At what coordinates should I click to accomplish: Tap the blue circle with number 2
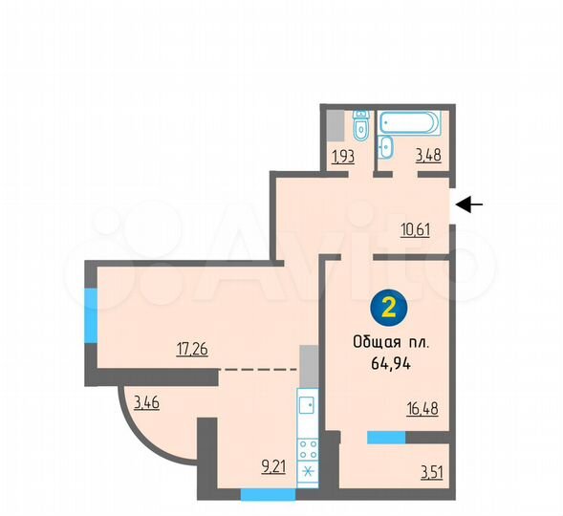point(388,308)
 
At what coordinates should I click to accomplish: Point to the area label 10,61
point(414,227)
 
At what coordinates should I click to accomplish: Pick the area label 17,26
point(194,349)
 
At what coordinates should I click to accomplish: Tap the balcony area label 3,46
point(146,403)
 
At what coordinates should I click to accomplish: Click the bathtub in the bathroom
point(410,123)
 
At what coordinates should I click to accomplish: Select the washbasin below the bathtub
point(385,147)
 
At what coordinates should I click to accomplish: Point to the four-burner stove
point(309,449)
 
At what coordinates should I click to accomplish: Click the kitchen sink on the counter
point(308,406)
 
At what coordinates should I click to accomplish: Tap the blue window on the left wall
point(92,314)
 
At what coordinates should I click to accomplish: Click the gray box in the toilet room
point(335,125)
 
